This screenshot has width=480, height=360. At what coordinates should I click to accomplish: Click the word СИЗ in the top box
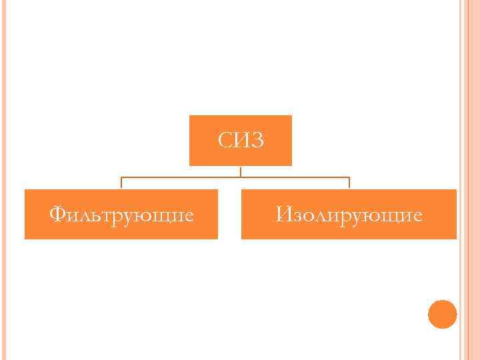[x=241, y=141]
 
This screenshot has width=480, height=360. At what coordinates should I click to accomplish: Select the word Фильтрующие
[x=122, y=215]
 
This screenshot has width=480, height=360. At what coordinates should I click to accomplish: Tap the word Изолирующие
[x=349, y=215]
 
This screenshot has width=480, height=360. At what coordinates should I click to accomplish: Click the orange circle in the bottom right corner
[x=442, y=314]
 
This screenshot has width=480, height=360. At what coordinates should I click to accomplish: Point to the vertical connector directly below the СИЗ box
[x=241, y=171]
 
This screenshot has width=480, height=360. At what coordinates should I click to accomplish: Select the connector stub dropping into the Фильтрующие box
[x=121, y=183]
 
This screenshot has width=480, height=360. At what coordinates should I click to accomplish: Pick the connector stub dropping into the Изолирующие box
[x=349, y=183]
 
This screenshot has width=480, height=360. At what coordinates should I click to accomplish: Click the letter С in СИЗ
[x=225, y=141]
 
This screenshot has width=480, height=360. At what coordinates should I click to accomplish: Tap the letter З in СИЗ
[x=257, y=141]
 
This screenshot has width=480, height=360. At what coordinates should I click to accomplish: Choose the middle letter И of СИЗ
[x=241, y=141]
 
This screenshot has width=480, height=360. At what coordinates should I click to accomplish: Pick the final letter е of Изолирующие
[x=416, y=216]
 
